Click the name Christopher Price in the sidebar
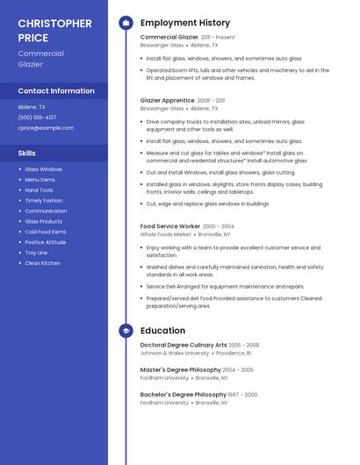[54, 30]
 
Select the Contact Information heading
[56, 90]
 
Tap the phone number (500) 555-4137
[37, 117]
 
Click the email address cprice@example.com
[46, 127]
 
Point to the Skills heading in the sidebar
[26, 153]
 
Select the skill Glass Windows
[43, 169]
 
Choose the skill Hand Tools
[39, 190]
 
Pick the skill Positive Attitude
[45, 242]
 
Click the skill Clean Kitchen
[42, 263]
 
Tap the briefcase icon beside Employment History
[126, 23]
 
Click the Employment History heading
[185, 23]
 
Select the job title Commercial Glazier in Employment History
[169, 38]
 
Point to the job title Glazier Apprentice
[168, 101]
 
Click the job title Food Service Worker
[170, 226]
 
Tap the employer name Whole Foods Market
[166, 235]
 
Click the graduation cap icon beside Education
[126, 331]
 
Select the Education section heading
[162, 331]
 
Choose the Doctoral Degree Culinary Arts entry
[184, 345]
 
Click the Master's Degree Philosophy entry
[180, 369]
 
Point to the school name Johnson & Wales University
[175, 353]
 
